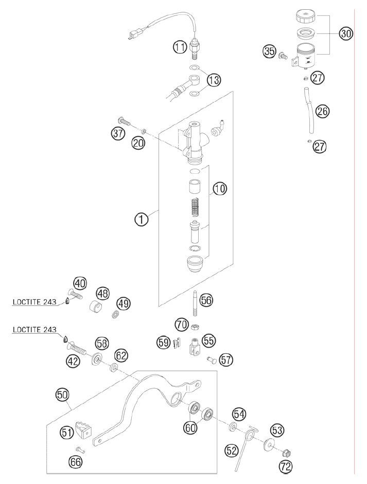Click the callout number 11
point(180,47)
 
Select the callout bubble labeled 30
point(346,33)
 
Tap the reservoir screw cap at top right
point(306,16)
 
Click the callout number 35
point(269,51)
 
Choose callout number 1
point(141,220)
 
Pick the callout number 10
point(220,188)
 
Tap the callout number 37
point(118,133)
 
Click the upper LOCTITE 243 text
point(34,301)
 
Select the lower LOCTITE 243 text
point(34,330)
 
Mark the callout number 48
point(103,293)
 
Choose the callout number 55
point(208,340)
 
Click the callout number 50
point(63,395)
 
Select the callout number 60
point(190,427)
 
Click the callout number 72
point(286,467)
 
